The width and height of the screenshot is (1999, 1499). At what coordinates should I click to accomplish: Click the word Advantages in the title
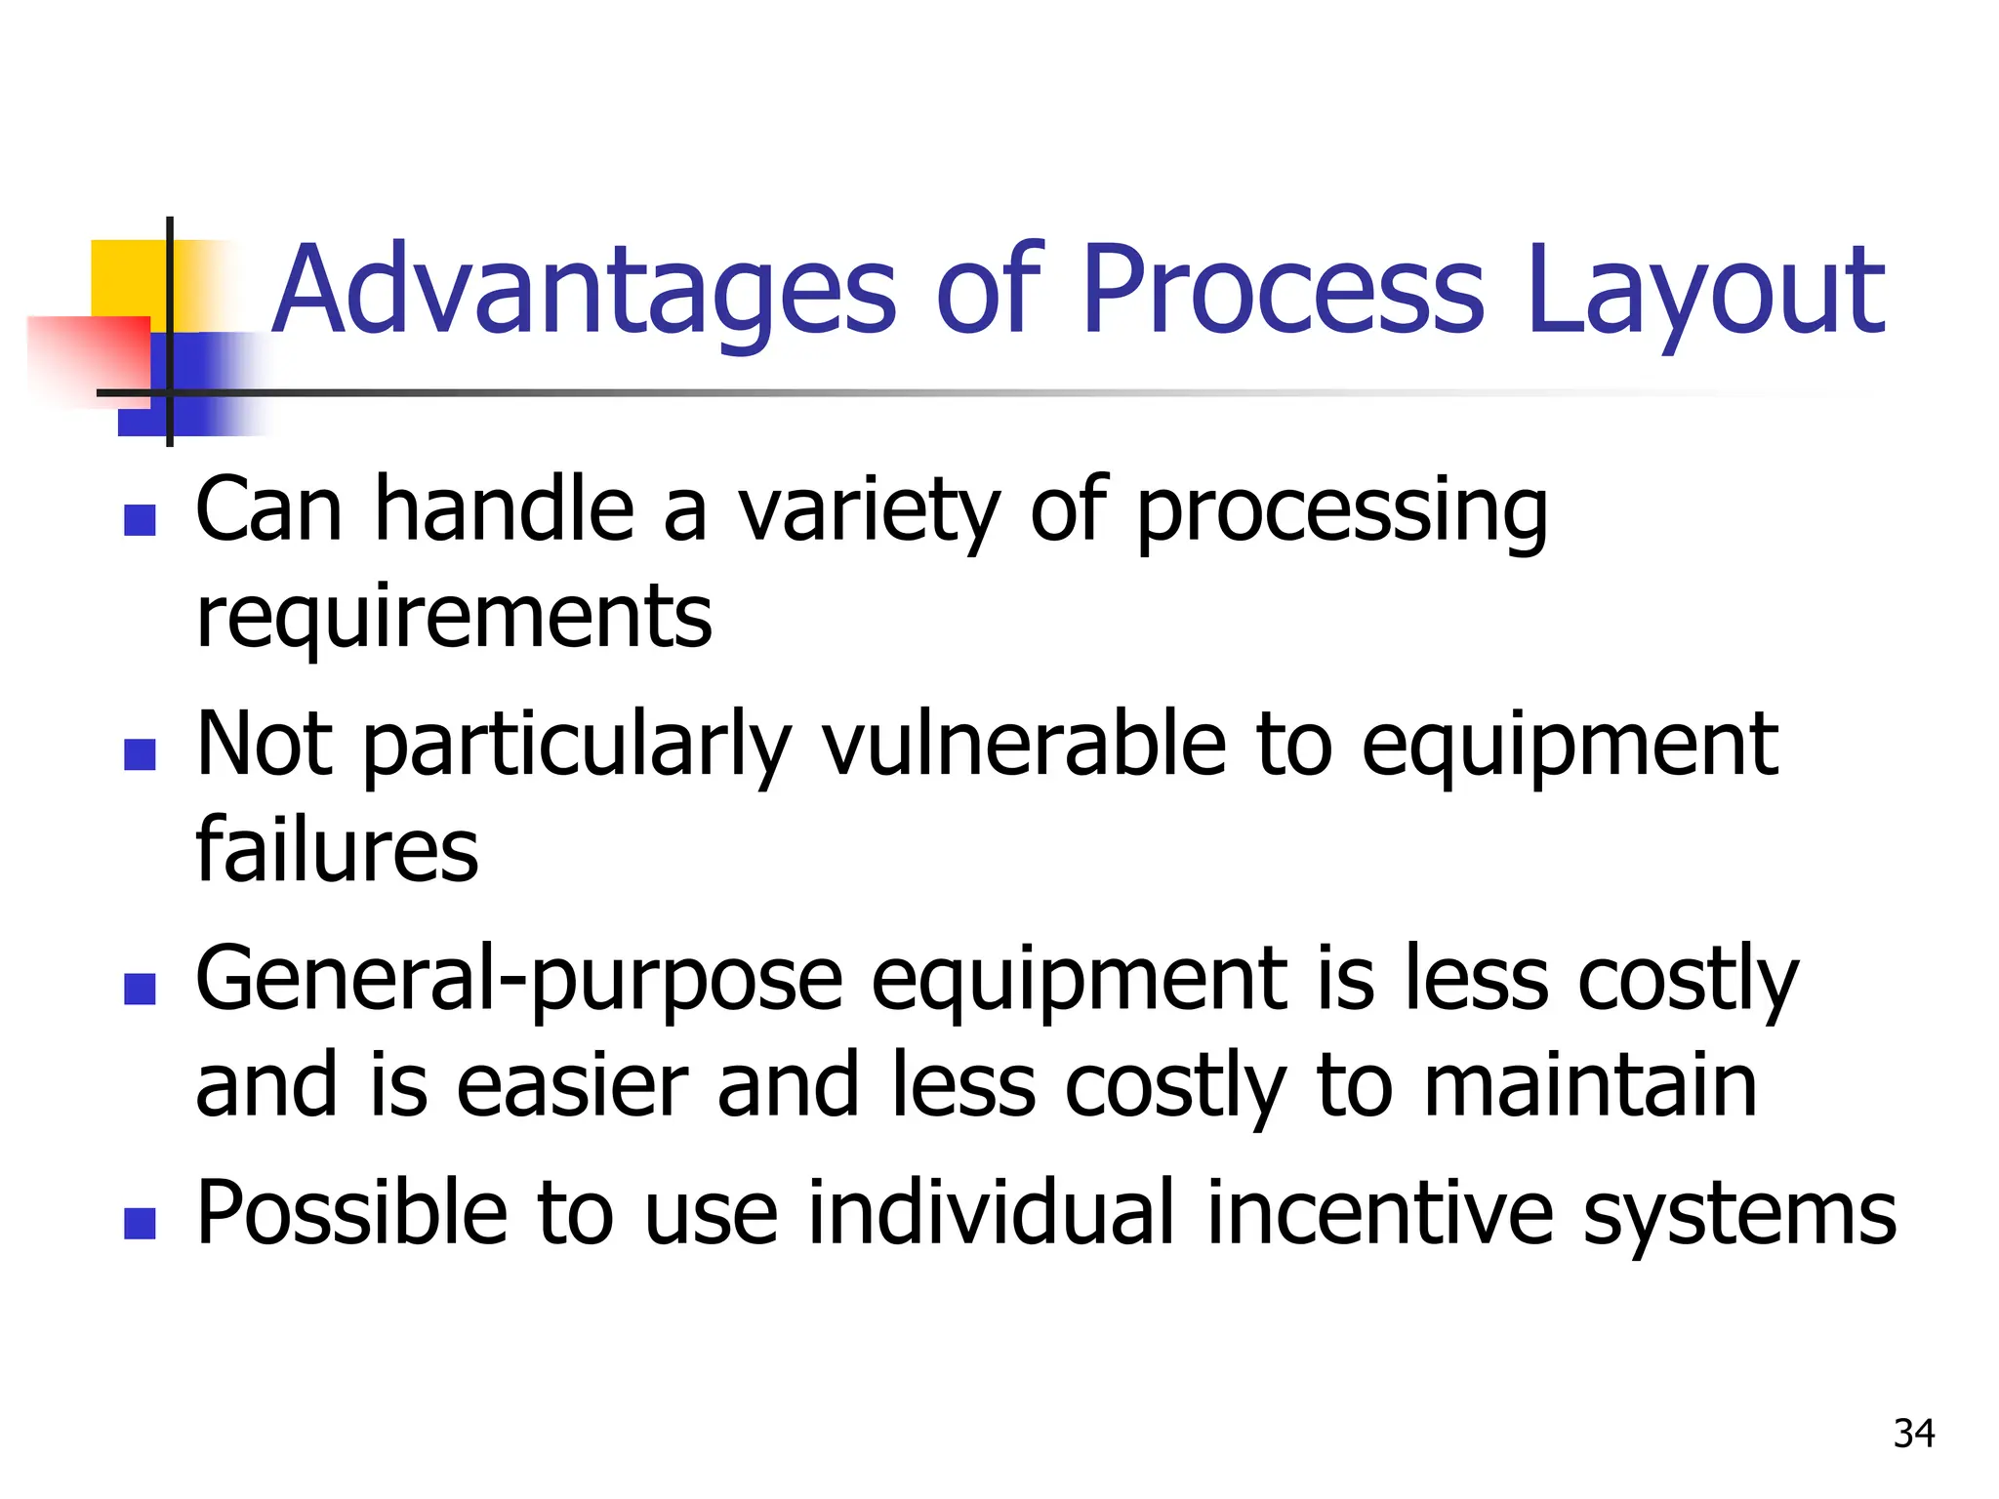click(583, 291)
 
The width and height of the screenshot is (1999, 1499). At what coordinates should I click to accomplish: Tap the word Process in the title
click(1283, 291)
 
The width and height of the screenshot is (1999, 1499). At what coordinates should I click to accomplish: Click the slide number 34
click(1914, 1434)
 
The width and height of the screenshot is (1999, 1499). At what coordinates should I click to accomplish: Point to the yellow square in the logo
click(128, 278)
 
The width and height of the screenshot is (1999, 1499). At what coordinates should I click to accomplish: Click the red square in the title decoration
click(93, 356)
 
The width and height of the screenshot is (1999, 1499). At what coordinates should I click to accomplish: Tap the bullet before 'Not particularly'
click(141, 754)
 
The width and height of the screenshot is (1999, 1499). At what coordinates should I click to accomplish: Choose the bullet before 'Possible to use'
click(141, 1223)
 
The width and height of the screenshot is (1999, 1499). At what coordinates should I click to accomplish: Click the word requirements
click(454, 618)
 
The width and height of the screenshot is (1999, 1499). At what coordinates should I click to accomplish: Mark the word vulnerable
click(1024, 745)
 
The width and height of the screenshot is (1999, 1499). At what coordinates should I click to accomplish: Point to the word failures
click(337, 850)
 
